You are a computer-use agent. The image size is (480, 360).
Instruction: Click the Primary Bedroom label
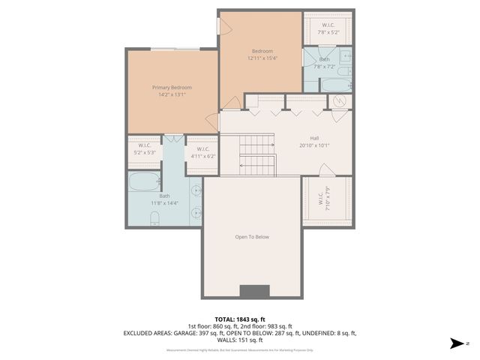pos(166,88)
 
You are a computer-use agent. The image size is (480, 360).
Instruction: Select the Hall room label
pos(314,138)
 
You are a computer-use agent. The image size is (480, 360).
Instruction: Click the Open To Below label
pos(251,237)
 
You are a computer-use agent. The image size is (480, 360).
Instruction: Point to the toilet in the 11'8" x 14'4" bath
pos(154,218)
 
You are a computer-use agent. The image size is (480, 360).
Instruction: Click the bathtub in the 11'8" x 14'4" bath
pos(143,181)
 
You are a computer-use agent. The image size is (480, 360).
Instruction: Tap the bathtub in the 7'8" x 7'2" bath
pos(335,84)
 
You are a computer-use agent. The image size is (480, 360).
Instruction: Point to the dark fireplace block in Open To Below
pos(253,292)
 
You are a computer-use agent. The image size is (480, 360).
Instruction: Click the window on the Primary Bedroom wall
pos(175,49)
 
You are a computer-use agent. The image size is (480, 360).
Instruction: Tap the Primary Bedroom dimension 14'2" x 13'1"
pos(166,95)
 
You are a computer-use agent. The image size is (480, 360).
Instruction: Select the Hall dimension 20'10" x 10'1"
pos(314,145)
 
